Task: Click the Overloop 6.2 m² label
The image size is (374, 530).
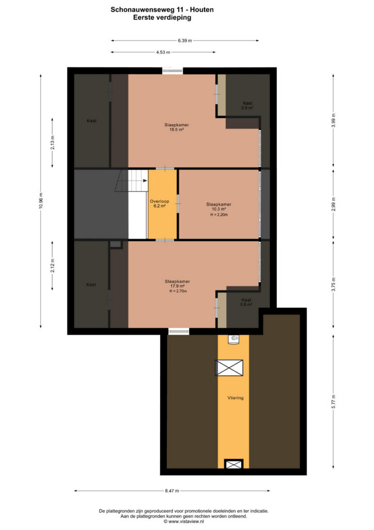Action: click(x=160, y=203)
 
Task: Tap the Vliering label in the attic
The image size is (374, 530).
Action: click(x=236, y=398)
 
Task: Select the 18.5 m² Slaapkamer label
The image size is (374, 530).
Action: click(x=177, y=127)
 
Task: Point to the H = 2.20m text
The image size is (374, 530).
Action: click(x=219, y=215)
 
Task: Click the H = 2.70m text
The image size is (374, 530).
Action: click(x=178, y=291)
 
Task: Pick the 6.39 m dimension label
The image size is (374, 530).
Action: click(x=185, y=40)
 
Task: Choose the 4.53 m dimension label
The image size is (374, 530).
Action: click(x=163, y=52)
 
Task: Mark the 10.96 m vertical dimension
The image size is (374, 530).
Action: click(x=41, y=201)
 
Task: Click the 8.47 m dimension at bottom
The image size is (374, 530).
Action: click(x=172, y=491)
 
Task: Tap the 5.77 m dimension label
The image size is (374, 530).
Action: click(x=333, y=402)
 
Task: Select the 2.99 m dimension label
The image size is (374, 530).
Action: click(x=333, y=204)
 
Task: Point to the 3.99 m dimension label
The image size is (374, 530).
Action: click(x=333, y=120)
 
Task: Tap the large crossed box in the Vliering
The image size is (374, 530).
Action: click(x=229, y=368)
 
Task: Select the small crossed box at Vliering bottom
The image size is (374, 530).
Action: click(x=233, y=464)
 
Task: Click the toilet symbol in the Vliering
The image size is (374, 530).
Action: click(x=234, y=339)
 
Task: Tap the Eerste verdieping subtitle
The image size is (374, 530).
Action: click(x=162, y=18)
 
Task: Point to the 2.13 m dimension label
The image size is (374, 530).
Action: click(x=52, y=143)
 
